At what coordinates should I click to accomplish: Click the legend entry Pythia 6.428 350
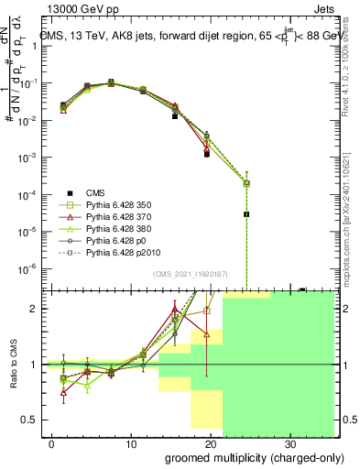pos(116,205)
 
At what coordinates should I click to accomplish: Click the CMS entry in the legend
pos(96,191)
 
